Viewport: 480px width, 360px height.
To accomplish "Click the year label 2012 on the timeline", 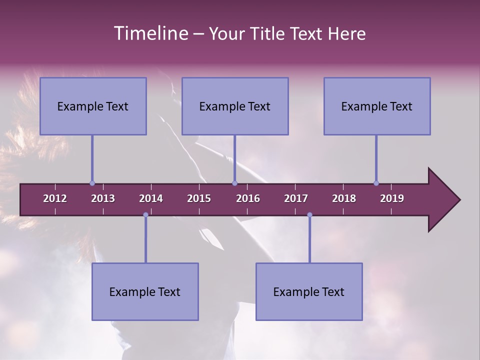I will coord(55,198).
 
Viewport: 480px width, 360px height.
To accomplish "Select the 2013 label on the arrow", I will coord(103,198).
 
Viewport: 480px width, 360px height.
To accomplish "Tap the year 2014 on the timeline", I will coord(151,198).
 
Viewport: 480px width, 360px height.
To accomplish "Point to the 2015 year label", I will coord(199,198).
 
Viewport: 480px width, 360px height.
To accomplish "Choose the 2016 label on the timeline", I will coord(248,198).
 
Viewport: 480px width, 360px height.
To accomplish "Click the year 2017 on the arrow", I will coord(296,198).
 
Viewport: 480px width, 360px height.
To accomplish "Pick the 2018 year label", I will coord(344,198).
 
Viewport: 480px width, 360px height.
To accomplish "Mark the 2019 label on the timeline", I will coord(392,198).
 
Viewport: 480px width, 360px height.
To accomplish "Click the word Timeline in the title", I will coord(151,33).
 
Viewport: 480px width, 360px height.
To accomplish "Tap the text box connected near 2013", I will coord(93,106).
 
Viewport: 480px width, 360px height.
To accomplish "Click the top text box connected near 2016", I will coord(235,106).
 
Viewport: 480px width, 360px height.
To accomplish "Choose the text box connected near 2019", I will coord(377,106).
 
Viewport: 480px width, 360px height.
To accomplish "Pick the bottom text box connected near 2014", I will coord(145,292).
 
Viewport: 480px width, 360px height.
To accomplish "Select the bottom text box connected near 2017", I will coord(309,292).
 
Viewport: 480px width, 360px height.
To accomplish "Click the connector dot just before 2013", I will coord(92,183).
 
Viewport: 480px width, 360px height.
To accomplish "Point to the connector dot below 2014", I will coord(145,215).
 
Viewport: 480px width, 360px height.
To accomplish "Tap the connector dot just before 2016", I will coord(234,183).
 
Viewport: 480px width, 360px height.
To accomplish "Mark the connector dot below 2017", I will coord(309,215).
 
